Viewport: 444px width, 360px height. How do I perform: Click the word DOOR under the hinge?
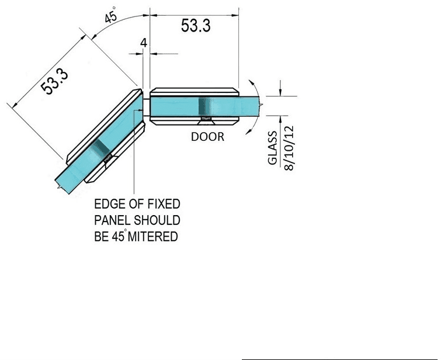[207, 137]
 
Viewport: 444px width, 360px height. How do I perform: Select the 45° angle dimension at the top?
[110, 16]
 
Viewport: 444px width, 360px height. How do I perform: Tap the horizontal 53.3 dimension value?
[196, 26]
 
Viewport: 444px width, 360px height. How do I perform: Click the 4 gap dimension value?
[144, 43]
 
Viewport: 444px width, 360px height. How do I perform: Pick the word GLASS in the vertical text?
[272, 148]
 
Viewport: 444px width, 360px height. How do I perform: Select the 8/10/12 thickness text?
[289, 148]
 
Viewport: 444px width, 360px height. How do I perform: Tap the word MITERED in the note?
[153, 237]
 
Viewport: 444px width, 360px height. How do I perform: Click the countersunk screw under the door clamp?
[206, 120]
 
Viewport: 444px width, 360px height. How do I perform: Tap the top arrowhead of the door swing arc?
[251, 82]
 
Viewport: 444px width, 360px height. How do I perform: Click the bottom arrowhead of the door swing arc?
[249, 131]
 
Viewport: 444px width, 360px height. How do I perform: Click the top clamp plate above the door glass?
[194, 92]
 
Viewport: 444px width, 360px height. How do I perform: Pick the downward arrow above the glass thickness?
[280, 88]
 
